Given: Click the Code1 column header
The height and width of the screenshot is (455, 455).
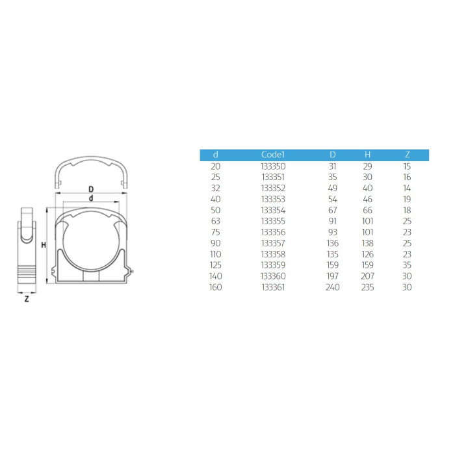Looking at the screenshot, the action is pos(273,155).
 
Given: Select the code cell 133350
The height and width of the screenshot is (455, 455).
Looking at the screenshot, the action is pos(273,166).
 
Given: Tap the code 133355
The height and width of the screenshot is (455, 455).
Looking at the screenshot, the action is pos(273,221).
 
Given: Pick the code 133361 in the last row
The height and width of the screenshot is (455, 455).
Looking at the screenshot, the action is pos(273,287).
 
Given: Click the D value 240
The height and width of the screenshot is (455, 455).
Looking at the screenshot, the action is pos(333,287).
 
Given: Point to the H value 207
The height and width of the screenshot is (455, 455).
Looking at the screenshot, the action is pos(367,276).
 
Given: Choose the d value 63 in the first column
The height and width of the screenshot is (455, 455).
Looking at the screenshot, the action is pos(216,221).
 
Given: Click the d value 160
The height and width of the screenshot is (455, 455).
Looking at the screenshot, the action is pos(215,287).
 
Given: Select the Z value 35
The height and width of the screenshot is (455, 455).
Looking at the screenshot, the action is pos(407,265).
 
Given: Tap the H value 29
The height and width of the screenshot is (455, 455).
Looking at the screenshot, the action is pos(367,166).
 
